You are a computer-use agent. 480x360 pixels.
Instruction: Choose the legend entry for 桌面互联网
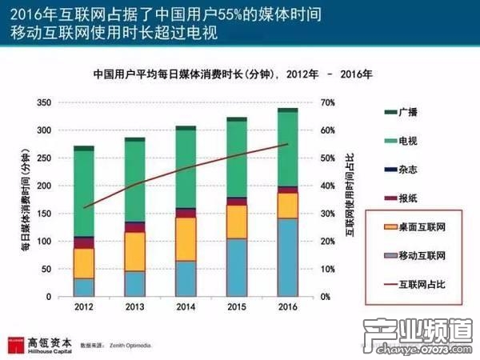411,226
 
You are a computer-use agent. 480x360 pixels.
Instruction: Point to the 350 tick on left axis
45,103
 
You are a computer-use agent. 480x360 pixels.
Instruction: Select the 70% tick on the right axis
326,103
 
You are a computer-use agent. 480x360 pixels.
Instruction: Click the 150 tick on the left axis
45,214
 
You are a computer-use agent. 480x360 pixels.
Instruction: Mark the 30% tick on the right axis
326,214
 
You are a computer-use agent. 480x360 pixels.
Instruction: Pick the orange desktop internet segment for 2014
186,238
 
